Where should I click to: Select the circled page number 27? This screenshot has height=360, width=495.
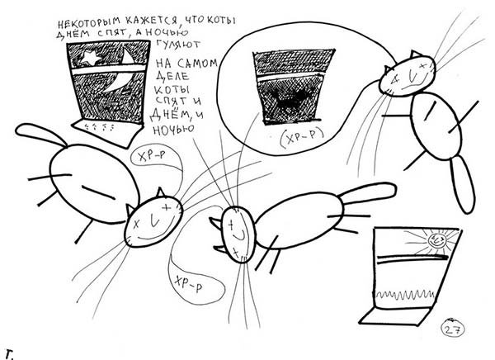pos(452,329)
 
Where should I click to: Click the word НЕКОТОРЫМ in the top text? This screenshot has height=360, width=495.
pos(89,22)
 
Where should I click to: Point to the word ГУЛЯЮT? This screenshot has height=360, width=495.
pos(177,45)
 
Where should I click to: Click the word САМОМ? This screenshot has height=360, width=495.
pos(197,64)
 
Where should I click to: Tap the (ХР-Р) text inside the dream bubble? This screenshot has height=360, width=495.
pos(302,138)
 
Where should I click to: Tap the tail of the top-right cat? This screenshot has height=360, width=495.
pos(463,184)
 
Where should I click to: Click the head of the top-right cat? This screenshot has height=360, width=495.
pos(408,76)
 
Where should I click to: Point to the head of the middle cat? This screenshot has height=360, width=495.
pos(238,234)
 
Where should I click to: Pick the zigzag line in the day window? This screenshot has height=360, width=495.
pos(406,295)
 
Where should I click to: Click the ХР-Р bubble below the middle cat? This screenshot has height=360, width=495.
pos(196,285)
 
